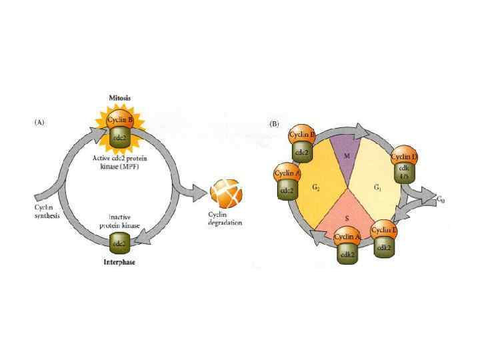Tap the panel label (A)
click(41, 123)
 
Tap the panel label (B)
click(273, 123)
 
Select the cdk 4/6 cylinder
click(404, 173)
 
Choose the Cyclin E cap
click(384, 231)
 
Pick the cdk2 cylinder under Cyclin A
click(347, 253)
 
